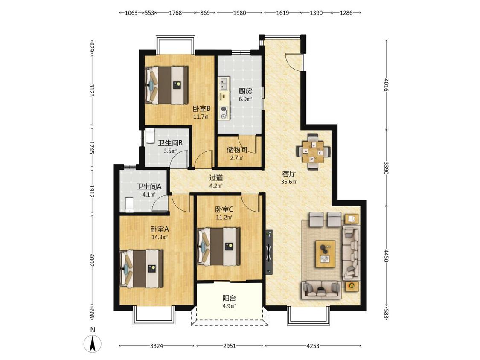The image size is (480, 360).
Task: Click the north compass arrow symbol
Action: coord(93,343)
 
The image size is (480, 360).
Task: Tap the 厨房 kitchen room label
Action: coord(245,91)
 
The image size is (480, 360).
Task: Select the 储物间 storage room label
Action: coord(237,150)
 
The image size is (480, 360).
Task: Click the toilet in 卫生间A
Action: coord(129,204)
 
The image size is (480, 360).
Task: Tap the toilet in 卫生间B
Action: coord(150,136)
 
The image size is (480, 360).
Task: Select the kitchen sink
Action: coord(224,84)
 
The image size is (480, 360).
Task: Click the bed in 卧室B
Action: coord(166,85)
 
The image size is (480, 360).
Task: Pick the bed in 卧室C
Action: coord(218,247)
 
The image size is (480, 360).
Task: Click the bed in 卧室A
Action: coord(141,269)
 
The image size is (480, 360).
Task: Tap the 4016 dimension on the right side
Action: coord(386,85)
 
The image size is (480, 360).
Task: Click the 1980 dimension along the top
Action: coord(239,12)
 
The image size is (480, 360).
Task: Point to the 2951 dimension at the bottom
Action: coord(230,346)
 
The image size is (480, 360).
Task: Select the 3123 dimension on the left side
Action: coord(91,90)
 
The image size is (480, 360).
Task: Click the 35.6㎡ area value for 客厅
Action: coord(289,182)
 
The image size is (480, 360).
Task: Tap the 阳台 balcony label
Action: coord(229,298)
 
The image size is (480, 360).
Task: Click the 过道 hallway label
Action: coord(216,178)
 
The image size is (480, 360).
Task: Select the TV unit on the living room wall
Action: coord(269,252)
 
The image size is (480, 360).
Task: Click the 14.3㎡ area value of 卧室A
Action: coord(160,237)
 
